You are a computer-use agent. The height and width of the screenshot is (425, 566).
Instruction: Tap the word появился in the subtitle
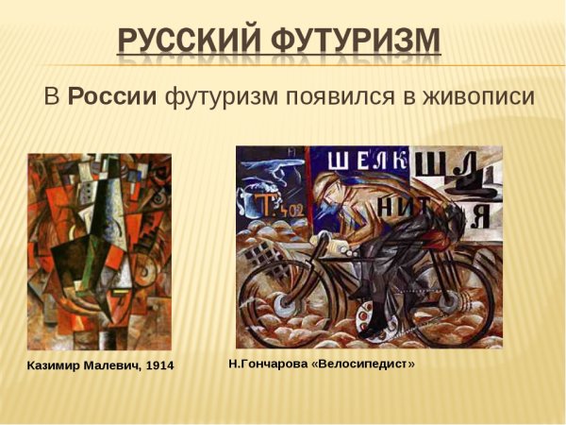point(325,96)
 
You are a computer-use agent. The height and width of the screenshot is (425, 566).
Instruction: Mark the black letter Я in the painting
point(479,216)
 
